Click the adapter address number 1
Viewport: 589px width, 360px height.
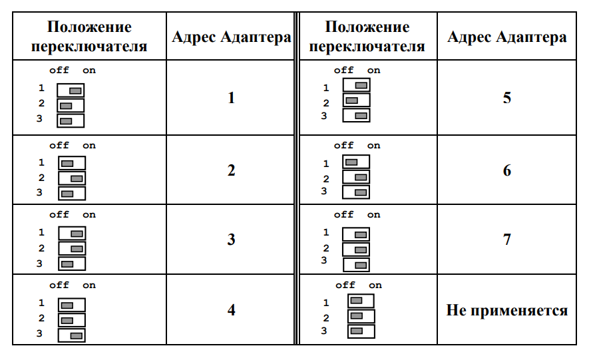click(x=231, y=98)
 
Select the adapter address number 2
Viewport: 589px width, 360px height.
click(x=231, y=170)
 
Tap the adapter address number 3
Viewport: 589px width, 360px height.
click(x=231, y=239)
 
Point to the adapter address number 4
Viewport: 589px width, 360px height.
click(x=231, y=309)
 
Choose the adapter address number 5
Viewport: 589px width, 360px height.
click(x=506, y=98)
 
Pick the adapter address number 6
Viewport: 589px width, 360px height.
click(x=506, y=170)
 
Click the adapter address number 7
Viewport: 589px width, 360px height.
click(x=506, y=239)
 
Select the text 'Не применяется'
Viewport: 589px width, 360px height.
click(x=506, y=311)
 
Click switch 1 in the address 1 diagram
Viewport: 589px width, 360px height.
click(x=71, y=90)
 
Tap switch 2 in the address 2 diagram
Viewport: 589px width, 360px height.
click(x=72, y=178)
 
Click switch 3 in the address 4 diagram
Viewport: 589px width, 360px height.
click(x=71, y=335)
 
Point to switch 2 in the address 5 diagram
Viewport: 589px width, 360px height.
click(x=357, y=100)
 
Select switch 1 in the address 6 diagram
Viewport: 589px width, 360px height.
click(x=356, y=162)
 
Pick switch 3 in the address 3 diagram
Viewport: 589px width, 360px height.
click(x=72, y=264)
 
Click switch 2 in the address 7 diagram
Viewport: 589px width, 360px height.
click(x=355, y=250)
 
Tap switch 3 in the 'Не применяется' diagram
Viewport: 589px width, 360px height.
click(x=361, y=331)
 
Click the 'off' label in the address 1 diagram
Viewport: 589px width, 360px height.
click(x=59, y=70)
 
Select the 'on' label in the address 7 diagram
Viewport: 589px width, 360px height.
click(x=374, y=215)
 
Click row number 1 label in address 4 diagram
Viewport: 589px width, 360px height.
click(x=41, y=303)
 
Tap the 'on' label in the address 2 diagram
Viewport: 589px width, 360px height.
click(x=89, y=146)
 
